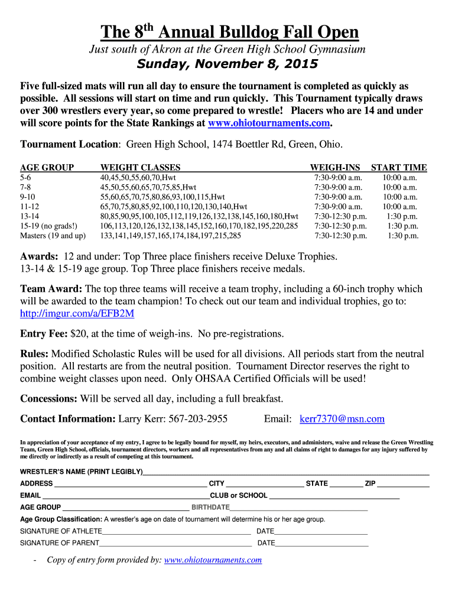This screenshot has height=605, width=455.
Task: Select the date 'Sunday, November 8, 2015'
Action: (x=227, y=64)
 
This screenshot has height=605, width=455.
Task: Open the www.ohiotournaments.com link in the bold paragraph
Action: (x=269, y=123)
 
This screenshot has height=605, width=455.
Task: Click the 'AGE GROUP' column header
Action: (x=47, y=167)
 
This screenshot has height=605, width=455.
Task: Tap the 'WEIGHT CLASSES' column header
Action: (x=140, y=167)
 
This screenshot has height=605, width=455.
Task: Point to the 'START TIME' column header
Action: (x=399, y=167)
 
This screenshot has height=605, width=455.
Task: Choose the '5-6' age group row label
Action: (x=27, y=177)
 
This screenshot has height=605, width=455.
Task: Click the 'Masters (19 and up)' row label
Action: (x=53, y=235)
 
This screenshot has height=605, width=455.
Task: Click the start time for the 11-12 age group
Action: (x=399, y=206)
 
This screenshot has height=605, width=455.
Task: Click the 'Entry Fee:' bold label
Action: (x=44, y=334)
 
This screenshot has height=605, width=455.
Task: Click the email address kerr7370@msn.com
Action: (x=342, y=419)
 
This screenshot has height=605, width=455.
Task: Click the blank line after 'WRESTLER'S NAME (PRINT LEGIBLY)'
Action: (x=286, y=473)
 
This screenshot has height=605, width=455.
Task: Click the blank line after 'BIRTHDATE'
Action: (x=298, y=508)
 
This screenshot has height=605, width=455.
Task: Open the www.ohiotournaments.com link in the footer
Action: (x=213, y=560)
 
